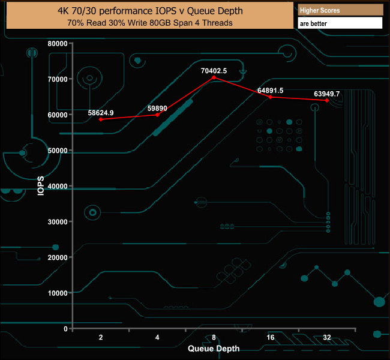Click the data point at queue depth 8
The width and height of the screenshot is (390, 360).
(214, 77)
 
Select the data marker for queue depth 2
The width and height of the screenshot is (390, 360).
(101, 119)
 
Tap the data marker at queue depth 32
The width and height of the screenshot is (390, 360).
(327, 100)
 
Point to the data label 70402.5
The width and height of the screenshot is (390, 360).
(214, 70)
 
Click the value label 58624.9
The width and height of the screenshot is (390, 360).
(101, 112)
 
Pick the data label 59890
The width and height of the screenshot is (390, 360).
(157, 107)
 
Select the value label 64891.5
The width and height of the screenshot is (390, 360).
(270, 90)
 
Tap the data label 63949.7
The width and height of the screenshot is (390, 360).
(327, 94)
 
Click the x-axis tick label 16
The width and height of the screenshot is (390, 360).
(270, 338)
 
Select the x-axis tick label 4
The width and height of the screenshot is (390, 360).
(157, 338)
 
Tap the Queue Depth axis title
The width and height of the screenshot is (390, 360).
(214, 349)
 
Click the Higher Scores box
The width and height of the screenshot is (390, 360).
(340, 10)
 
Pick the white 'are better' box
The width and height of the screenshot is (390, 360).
(340, 23)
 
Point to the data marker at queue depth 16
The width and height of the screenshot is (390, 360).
(270, 97)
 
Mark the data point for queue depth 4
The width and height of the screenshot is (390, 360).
(157, 115)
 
